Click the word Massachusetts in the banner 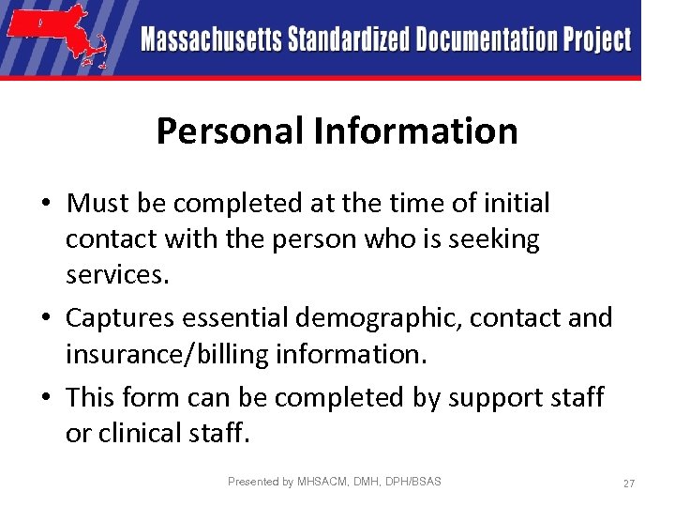pyautogui.click(x=211, y=39)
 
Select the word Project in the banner pyautogui.click(x=597, y=40)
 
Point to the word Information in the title pyautogui.click(x=415, y=131)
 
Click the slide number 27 pyautogui.click(x=629, y=484)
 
